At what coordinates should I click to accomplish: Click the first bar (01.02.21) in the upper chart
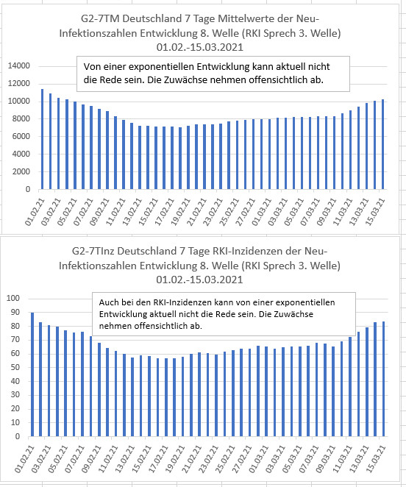point(42,139)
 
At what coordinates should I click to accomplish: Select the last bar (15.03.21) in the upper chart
point(382,144)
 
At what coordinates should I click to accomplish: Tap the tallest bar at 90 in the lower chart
point(32,374)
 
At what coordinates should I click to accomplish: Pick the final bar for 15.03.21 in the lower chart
point(383,379)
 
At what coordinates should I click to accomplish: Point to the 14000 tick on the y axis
point(19,66)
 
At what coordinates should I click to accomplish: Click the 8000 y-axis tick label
point(21,119)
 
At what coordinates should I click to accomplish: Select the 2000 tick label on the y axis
point(21,171)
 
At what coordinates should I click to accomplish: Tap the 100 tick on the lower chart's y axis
point(13,298)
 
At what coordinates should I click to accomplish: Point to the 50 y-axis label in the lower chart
point(15,367)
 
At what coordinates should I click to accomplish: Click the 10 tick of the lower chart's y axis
point(15,423)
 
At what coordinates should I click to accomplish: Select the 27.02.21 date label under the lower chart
point(241,459)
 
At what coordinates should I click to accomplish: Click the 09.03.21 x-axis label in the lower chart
point(325,459)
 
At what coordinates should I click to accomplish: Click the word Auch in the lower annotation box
point(107,302)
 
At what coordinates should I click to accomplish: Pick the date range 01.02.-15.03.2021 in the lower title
point(199,280)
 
